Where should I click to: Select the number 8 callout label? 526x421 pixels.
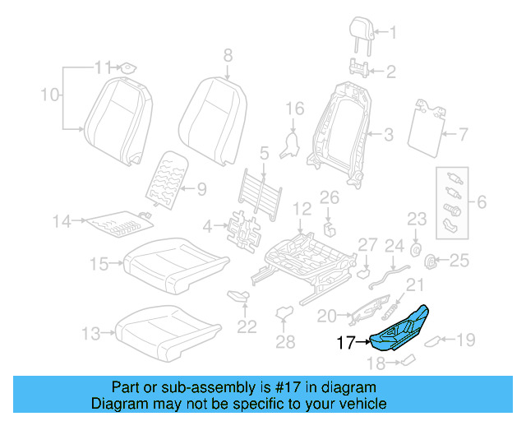pos(228,55)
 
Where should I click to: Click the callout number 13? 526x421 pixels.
pos(90,333)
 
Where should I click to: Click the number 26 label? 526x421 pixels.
pos(329,197)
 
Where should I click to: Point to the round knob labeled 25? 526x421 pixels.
pos(429,261)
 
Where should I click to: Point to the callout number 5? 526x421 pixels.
pos(264,152)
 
